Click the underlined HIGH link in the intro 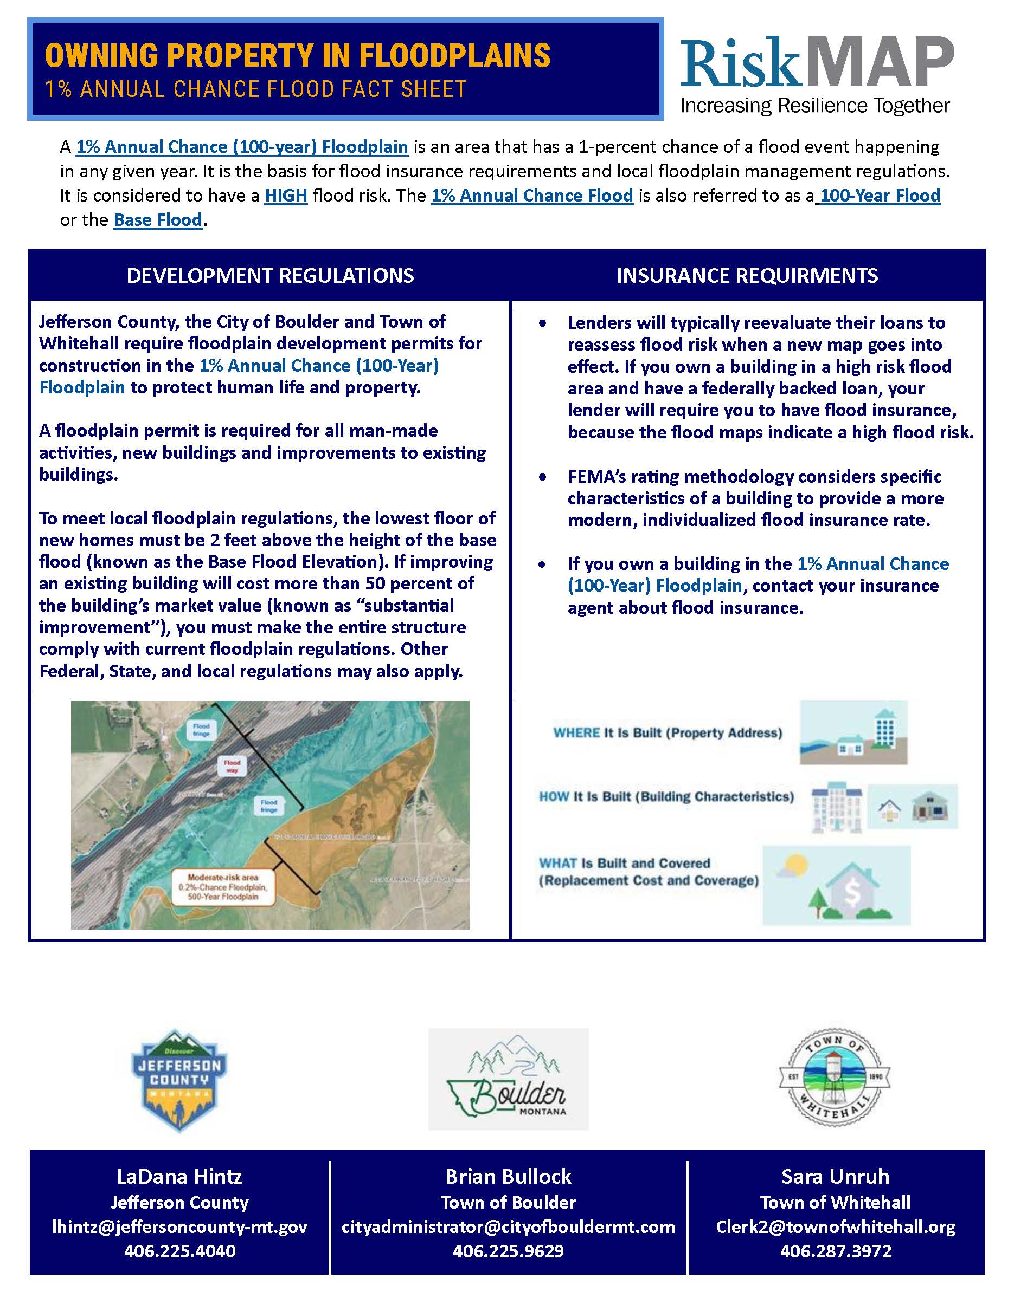tap(286, 196)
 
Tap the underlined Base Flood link tap(158, 220)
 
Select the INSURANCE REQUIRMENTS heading tap(747, 276)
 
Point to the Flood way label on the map tap(232, 766)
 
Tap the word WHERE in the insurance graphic tap(576, 733)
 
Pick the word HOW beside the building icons tap(553, 796)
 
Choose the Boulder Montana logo tap(508, 1079)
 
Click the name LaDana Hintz tap(179, 1177)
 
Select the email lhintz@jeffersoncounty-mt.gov tap(179, 1227)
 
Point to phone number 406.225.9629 tap(508, 1251)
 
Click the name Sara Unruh tap(835, 1177)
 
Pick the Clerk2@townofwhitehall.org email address tap(835, 1227)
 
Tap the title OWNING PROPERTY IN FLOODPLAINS tap(297, 56)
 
